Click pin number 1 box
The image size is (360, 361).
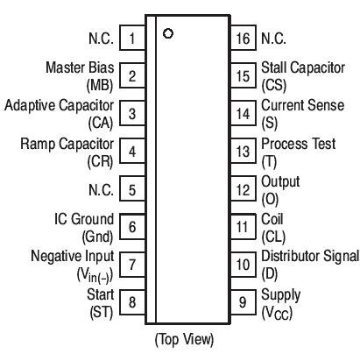(x=131, y=39)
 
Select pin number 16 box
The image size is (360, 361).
(x=243, y=39)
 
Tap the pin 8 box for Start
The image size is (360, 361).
(x=131, y=302)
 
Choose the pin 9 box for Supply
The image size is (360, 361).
(x=243, y=302)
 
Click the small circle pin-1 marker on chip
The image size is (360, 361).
(x=167, y=34)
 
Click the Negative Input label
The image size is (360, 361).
(x=72, y=256)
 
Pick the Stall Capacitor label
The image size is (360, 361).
(x=303, y=68)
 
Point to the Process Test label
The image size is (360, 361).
(x=295, y=144)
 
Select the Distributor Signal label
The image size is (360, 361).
(x=309, y=256)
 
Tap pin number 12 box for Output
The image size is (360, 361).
(x=243, y=189)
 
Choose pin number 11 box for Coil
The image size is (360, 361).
(x=243, y=227)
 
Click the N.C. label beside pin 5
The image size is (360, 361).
(x=100, y=189)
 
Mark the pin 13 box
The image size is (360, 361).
(x=243, y=152)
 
